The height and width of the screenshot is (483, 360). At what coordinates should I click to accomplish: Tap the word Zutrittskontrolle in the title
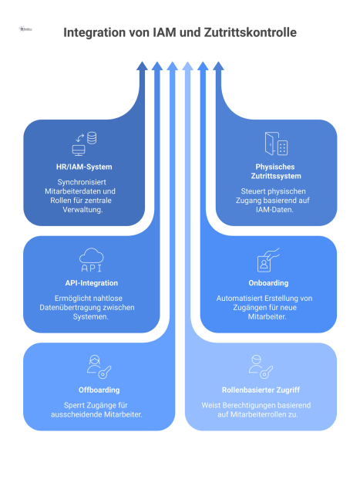coord(247,33)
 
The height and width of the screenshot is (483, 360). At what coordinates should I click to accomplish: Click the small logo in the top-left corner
coord(25,29)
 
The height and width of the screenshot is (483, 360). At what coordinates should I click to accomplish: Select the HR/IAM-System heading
coord(84,167)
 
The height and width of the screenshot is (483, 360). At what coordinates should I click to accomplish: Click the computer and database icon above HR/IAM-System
coord(84,144)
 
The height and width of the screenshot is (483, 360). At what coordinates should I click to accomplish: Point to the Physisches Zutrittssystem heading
coord(275,171)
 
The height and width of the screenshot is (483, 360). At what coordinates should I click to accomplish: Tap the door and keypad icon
coord(275,144)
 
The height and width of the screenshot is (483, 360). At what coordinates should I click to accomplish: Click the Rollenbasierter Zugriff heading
coord(261,390)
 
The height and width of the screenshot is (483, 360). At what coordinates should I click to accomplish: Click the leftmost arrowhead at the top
coord(142,66)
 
